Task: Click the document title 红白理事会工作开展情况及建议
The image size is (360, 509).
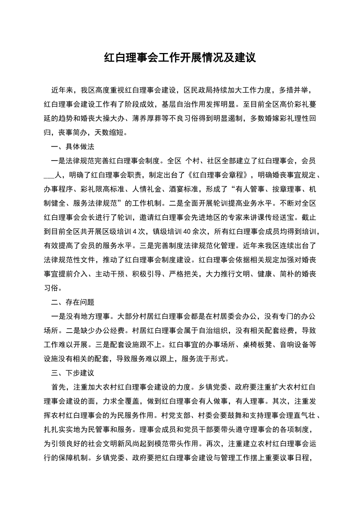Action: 180,58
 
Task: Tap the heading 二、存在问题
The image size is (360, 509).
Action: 73,302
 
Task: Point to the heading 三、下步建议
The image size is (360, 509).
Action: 73,373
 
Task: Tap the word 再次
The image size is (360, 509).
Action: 212,444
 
